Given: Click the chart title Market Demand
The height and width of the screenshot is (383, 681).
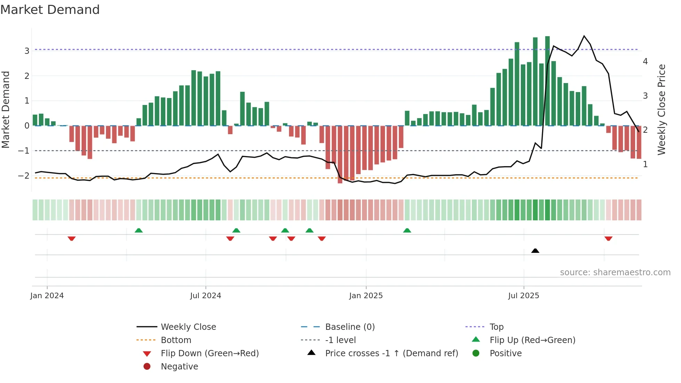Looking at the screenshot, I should pyautogui.click(x=50, y=9).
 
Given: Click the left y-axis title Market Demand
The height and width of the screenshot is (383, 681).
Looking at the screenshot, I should pyautogui.click(x=6, y=109).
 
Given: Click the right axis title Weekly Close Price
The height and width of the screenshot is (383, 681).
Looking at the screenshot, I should pyautogui.click(x=662, y=109).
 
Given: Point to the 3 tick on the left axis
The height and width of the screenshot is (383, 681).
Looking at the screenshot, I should pyautogui.click(x=27, y=51).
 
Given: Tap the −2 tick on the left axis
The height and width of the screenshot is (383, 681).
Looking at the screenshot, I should pyautogui.click(x=24, y=176).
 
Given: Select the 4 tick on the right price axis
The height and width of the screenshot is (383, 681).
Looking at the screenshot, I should pyautogui.click(x=645, y=62).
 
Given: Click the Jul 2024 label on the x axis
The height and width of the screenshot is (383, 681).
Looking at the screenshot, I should pyautogui.click(x=205, y=296).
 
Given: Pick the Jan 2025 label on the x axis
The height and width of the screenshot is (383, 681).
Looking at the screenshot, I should pyautogui.click(x=366, y=296).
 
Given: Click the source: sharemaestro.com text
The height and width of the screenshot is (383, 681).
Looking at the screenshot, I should pyautogui.click(x=615, y=272).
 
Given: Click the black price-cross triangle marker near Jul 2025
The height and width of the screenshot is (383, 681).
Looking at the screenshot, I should pyautogui.click(x=535, y=251).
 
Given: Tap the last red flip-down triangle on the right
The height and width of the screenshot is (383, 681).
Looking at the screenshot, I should pyautogui.click(x=608, y=238).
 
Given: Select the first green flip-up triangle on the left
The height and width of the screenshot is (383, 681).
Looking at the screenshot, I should pyautogui.click(x=139, y=230).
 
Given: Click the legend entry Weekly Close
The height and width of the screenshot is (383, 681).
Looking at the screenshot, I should pyautogui.click(x=188, y=327).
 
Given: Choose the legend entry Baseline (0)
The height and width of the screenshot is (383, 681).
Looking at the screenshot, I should pyautogui.click(x=350, y=327).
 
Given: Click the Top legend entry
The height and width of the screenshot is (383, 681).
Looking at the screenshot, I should pyautogui.click(x=497, y=327).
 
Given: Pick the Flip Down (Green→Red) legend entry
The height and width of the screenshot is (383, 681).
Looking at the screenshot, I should pyautogui.click(x=210, y=353).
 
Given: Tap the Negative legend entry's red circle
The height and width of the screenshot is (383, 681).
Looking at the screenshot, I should pyautogui.click(x=147, y=367).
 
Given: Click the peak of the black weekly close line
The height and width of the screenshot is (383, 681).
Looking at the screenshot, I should pyautogui.click(x=584, y=36).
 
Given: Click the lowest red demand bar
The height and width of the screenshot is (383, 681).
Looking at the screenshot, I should pyautogui.click(x=340, y=155).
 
